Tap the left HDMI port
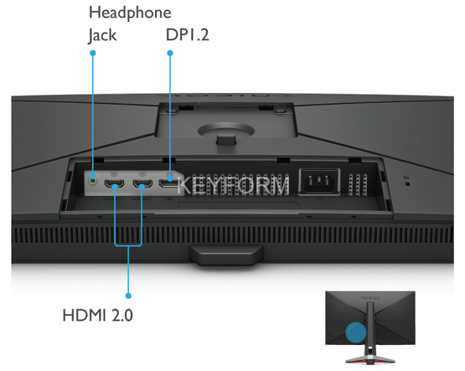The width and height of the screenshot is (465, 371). point(113,184)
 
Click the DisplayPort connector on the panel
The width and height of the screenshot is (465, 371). point(169,184)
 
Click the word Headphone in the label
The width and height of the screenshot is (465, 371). point(130,12)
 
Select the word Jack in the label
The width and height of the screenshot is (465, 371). point(102,35)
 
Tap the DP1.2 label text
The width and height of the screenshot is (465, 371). point(187,35)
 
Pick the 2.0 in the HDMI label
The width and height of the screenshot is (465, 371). point(122,315)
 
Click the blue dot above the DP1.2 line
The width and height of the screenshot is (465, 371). point(170,53)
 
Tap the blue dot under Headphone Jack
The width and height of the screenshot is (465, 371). point(93,53)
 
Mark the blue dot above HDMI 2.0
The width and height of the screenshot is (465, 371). point(128,295)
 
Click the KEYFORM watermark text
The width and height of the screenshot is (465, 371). point(233,185)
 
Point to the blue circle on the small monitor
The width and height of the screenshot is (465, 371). point(355,332)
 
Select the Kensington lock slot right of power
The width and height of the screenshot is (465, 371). point(407,183)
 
